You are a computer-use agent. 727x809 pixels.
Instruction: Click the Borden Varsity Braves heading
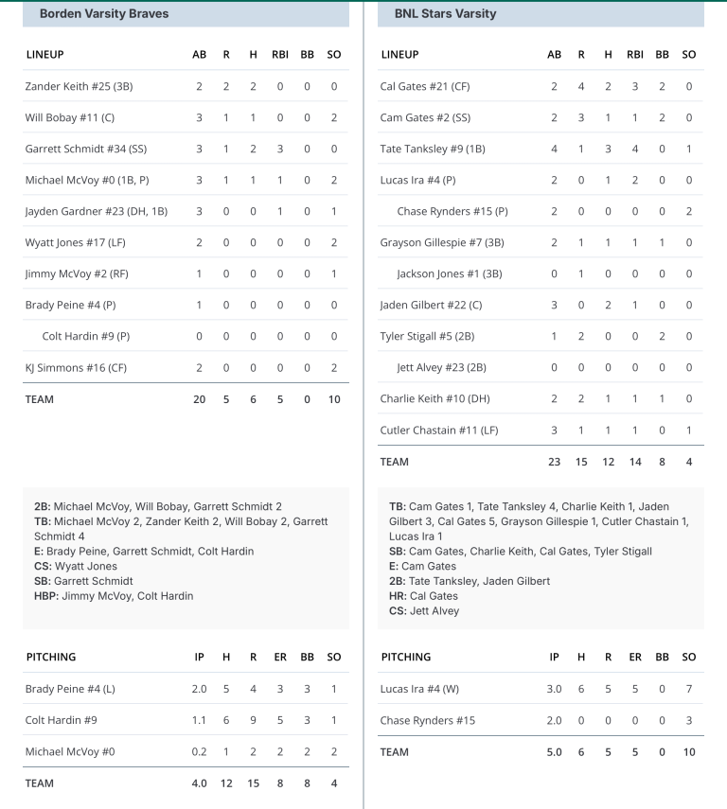coord(104,14)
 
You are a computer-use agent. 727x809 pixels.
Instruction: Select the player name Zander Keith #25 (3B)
coord(79,86)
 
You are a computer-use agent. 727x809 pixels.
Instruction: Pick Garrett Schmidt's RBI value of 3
coord(280,149)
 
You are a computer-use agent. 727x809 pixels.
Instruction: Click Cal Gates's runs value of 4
coord(581,86)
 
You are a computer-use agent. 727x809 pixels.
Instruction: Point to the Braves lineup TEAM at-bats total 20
coord(199,399)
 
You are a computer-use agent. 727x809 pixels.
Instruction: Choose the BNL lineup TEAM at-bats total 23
coord(554,462)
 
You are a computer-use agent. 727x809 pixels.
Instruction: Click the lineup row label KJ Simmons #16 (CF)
coord(72,367)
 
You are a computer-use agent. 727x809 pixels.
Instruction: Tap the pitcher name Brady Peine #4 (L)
coord(70,689)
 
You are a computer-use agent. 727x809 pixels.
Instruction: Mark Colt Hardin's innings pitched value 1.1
coord(199,720)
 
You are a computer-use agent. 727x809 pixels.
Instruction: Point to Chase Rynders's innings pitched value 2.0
coord(554,720)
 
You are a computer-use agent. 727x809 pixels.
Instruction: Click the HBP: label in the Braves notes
coord(45,596)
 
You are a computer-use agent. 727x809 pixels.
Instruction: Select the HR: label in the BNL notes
coord(398,596)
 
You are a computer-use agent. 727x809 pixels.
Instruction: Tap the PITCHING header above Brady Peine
coord(51,657)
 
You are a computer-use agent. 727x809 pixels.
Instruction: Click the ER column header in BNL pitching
coord(635,657)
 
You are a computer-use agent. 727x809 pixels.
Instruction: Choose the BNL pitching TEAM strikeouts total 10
coord(689,752)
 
